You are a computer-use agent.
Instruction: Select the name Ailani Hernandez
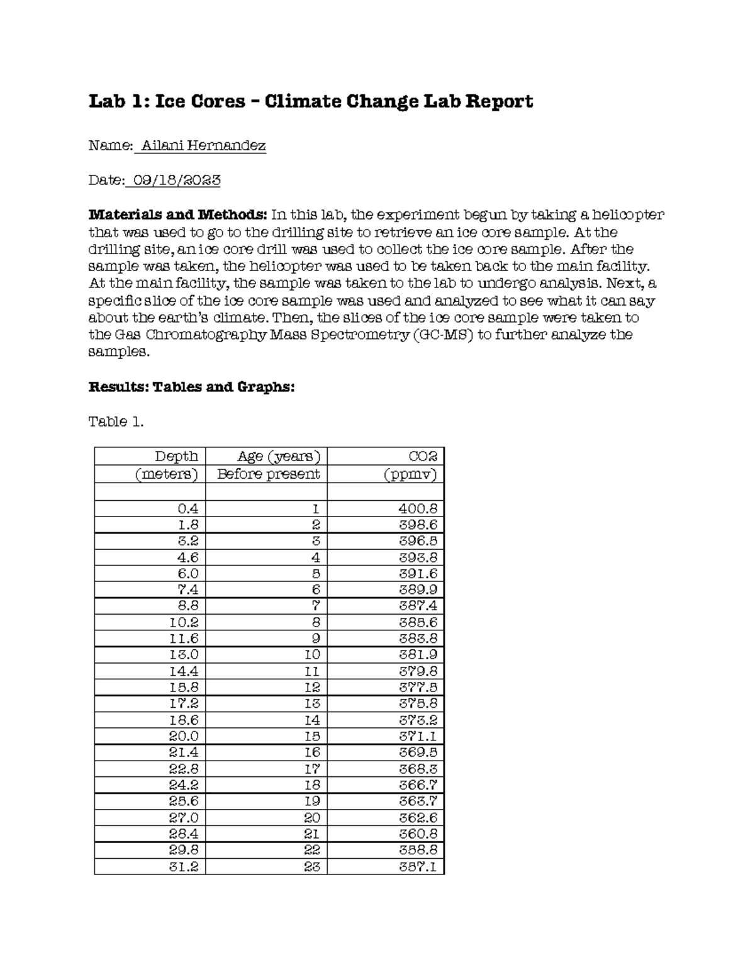203,146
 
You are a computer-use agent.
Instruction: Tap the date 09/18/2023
174,181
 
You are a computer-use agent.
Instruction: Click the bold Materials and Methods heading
177,215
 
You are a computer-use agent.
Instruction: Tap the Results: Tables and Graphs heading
191,387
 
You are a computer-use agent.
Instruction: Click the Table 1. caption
116,422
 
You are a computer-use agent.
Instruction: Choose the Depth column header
176,456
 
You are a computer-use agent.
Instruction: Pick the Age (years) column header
278,456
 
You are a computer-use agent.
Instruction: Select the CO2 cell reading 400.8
418,508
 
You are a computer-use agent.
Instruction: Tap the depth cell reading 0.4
188,508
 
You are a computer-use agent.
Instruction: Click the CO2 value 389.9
418,589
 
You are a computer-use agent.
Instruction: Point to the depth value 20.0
184,736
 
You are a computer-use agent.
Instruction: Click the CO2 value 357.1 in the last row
418,866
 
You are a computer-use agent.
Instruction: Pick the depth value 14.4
184,671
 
